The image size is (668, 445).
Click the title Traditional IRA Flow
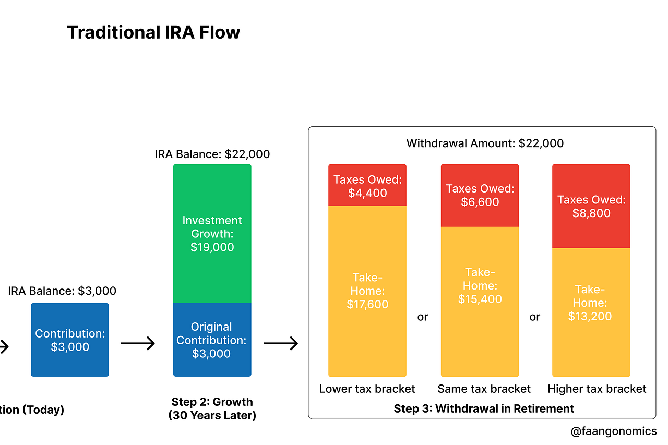pos(153,33)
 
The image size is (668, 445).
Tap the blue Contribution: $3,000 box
pos(70,340)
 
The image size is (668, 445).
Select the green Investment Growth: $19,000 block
pos(212,234)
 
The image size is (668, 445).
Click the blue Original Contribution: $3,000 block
pos(212,340)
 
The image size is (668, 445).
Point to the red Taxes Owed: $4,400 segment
pos(367,186)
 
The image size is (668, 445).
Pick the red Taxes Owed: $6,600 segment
pos(480,195)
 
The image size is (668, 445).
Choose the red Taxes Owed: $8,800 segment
pos(591,206)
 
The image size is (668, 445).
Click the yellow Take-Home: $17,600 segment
pos(367,291)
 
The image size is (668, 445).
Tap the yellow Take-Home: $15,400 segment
pos(480,302)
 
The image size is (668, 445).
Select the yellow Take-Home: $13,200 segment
pos(591,312)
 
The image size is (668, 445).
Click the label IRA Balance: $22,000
pos(212,154)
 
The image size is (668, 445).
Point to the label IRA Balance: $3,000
pos(62,291)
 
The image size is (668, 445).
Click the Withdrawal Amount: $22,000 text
pos(485,143)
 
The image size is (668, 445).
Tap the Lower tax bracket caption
pos(367,389)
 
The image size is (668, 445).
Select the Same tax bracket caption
pos(484,389)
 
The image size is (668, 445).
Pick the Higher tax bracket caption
pos(597,389)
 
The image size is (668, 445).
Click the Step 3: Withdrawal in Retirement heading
pos(484,408)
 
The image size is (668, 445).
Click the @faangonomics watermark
pos(614,431)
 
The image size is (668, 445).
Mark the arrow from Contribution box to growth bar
pos(138,343)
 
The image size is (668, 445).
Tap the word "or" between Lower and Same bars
pos(423,317)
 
